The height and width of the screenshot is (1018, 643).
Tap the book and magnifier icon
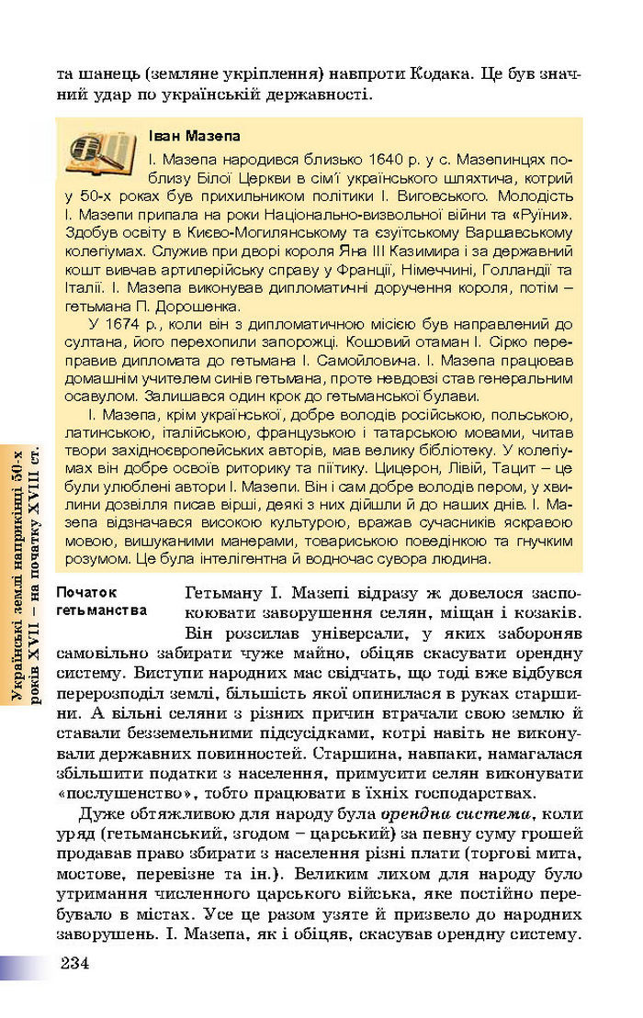point(100,151)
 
